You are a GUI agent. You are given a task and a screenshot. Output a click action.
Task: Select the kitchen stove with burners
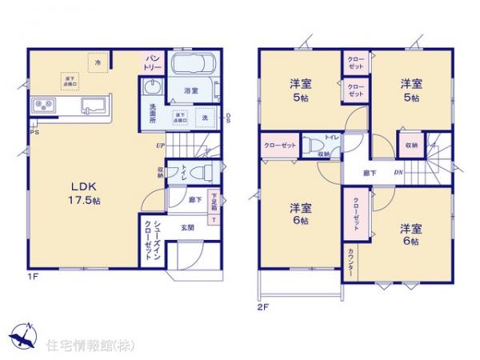point(43,106)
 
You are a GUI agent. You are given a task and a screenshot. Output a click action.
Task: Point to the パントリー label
point(153,62)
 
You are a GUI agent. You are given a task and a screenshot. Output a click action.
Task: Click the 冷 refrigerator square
point(98,62)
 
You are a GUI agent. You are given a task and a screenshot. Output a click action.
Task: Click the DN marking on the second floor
point(398,174)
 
